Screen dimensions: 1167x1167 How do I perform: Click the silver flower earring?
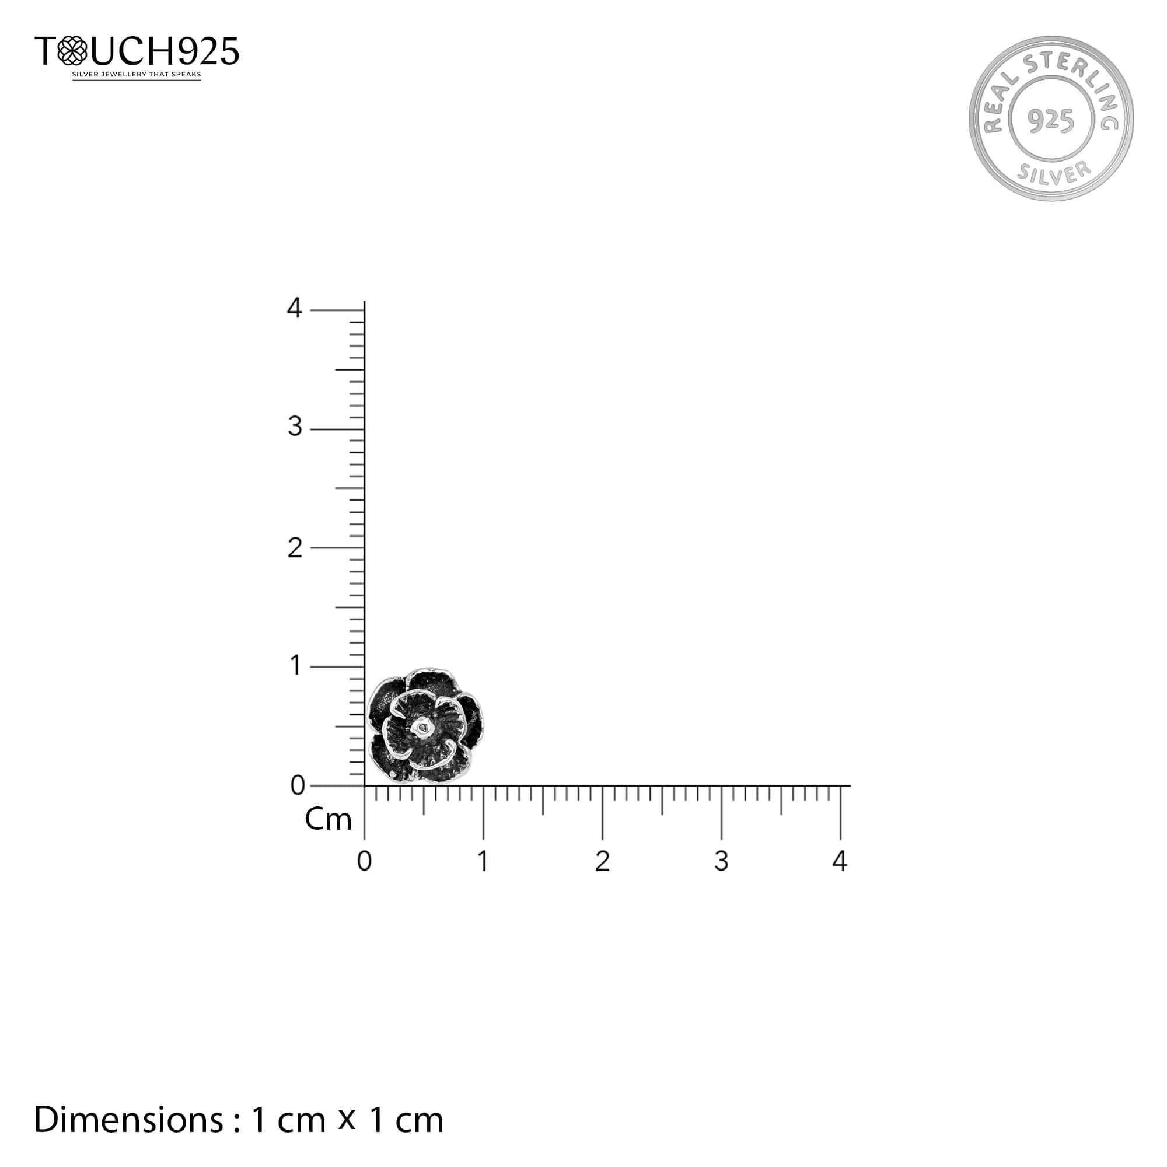point(426,725)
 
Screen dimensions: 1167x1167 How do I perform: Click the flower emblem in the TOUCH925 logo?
point(72,50)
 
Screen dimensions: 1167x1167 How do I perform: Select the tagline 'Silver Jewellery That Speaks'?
point(137,74)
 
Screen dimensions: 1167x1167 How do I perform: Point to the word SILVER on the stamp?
point(1054,173)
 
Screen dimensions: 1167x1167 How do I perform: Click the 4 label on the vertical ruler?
point(294,308)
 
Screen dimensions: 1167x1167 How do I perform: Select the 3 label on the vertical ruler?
point(295,427)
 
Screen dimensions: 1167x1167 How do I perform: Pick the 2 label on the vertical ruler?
point(295,548)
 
